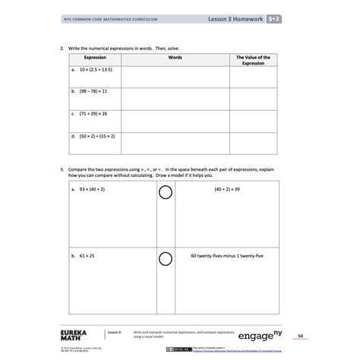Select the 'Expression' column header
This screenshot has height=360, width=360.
pos(95,58)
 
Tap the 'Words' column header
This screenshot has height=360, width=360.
pos(175,58)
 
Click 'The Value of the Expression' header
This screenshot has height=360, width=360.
pos(253,61)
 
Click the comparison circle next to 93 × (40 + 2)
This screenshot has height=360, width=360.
pos(165,193)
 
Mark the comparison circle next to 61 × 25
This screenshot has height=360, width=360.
pos(165,260)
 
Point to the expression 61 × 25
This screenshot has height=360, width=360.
pos(83,257)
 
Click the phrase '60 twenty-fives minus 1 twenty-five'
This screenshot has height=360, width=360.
pos(227,257)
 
